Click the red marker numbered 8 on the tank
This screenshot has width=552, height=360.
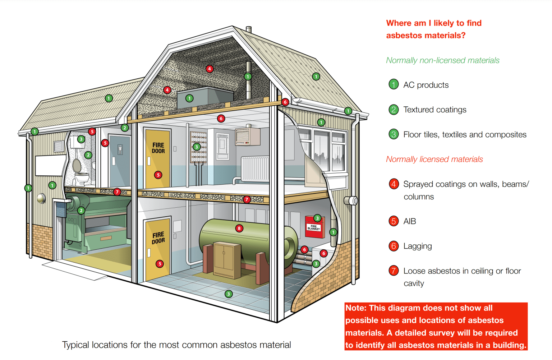[239, 228]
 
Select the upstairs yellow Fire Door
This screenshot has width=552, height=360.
[157, 158]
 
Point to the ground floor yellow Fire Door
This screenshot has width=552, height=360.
[157, 250]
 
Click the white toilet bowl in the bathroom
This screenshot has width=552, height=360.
[82, 177]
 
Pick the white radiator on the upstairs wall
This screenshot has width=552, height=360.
[255, 169]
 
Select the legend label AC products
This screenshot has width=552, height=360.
[426, 85]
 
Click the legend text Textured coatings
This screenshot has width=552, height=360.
[434, 110]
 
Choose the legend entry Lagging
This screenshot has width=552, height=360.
[417, 246]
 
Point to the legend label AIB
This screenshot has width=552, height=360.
[409, 221]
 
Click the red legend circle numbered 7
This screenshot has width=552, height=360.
[394, 271]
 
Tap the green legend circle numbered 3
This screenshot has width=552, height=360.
[394, 134]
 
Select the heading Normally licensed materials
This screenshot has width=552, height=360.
[434, 159]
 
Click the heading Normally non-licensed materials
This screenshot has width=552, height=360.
[442, 60]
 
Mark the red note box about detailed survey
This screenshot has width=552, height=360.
[436, 326]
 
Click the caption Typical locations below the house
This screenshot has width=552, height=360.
[176, 345]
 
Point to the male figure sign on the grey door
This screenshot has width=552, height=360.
[120, 149]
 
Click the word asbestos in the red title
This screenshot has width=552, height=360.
[405, 36]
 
